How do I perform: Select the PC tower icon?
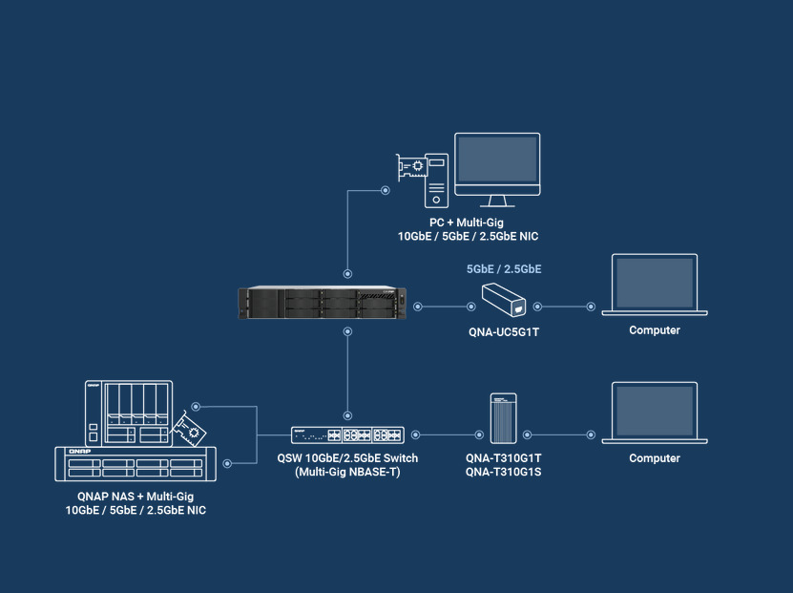tap(436, 180)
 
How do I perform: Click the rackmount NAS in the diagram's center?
tap(322, 305)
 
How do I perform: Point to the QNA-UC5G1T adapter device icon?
tap(503, 300)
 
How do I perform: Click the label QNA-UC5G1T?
tap(504, 331)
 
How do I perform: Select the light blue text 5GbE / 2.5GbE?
tap(504, 269)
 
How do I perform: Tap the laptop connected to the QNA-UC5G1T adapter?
tap(655, 285)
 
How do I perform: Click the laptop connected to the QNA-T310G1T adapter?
tap(655, 413)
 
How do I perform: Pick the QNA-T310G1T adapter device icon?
tap(503, 418)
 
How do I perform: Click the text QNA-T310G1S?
tap(504, 472)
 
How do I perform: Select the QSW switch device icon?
tap(347, 435)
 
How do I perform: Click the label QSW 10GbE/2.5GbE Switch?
tap(347, 458)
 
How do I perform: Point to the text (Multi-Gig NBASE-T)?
tap(347, 472)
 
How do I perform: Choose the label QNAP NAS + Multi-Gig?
tap(136, 498)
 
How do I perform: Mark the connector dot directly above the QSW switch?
tap(347, 415)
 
